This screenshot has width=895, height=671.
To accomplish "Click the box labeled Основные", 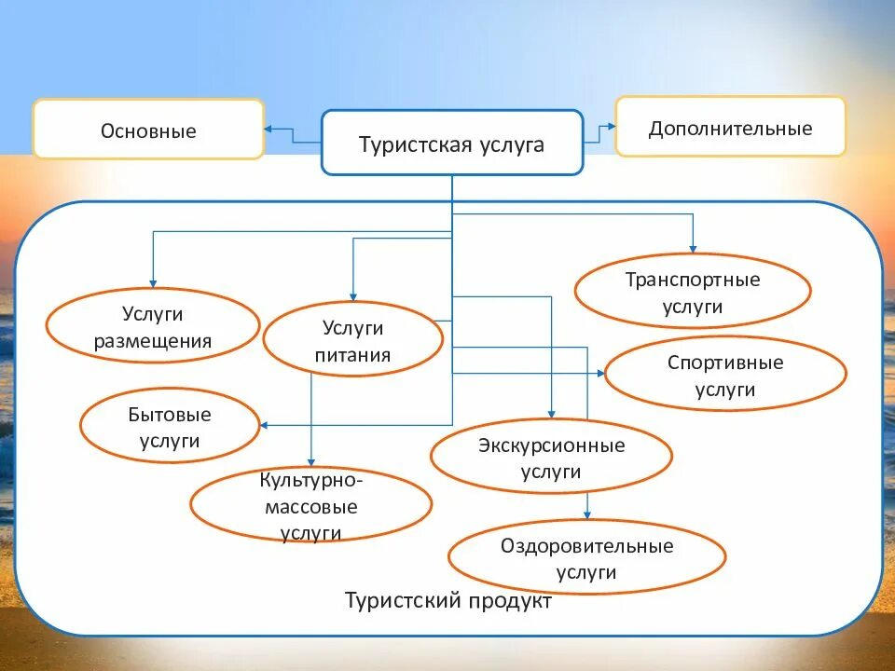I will [x=148, y=130].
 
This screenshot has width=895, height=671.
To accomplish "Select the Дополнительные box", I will [x=730, y=127].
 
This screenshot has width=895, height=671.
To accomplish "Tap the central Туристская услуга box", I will [x=452, y=143].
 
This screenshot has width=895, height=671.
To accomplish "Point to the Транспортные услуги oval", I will [x=693, y=292].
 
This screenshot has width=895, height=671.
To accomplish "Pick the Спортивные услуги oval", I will [x=725, y=375].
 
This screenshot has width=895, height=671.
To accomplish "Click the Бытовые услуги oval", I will [x=170, y=427].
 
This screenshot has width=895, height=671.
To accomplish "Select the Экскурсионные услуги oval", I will [x=551, y=458].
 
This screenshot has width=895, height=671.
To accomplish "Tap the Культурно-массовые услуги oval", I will [x=310, y=506].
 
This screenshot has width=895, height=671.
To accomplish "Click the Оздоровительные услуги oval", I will [x=586, y=557].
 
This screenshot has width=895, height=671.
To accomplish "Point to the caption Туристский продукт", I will [x=448, y=601].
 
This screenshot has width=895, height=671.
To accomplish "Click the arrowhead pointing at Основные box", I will [x=268, y=130].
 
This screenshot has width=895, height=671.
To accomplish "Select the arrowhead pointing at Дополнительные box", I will [x=610, y=126].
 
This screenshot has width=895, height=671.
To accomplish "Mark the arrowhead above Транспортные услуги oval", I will [x=693, y=246].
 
